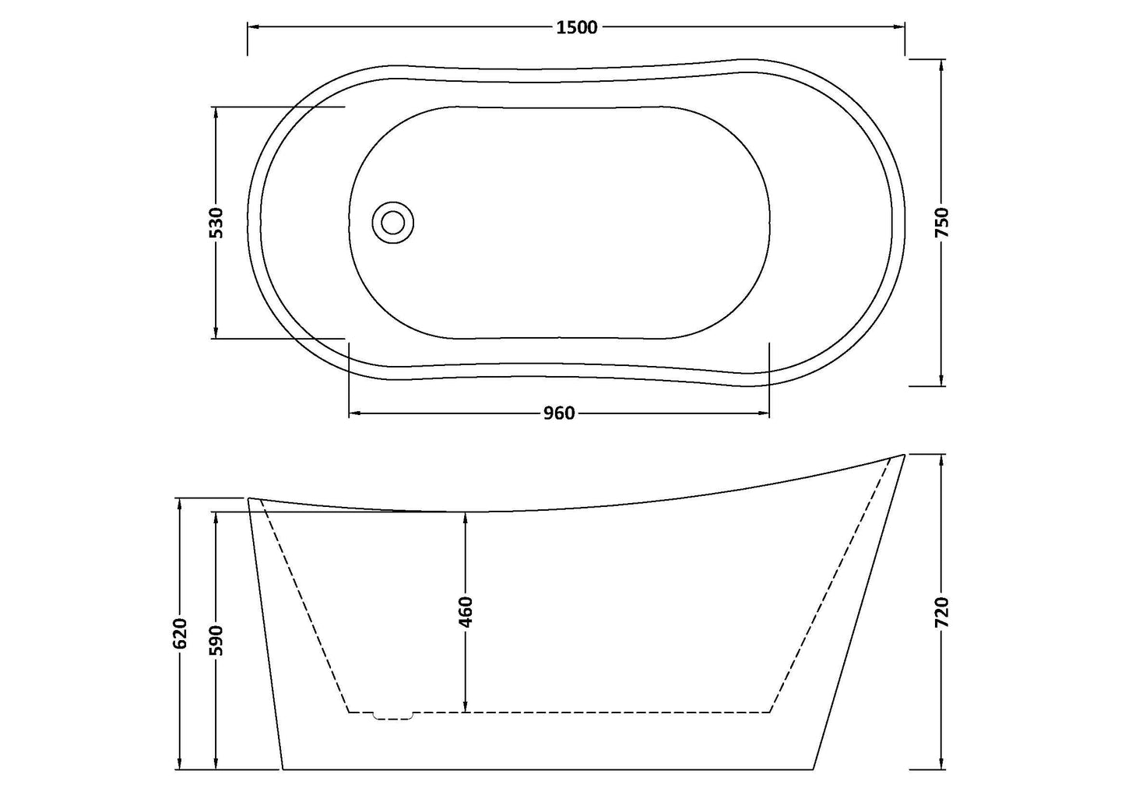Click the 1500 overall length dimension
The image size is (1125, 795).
coord(577,27)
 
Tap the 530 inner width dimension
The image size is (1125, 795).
coord(216,223)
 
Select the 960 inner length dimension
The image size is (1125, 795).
coord(558,413)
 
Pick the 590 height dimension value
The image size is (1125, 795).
coord(216,639)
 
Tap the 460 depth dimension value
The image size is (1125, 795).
coord(465,612)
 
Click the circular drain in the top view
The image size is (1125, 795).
coord(394,221)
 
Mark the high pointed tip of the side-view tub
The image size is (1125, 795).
coord(903,455)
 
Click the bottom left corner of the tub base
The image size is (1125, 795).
coord(282,769)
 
